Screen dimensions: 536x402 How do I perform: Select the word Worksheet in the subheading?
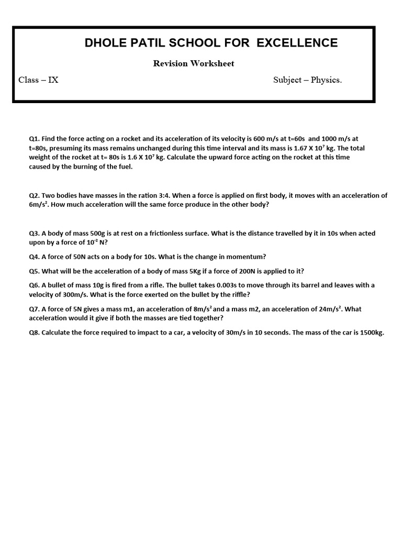tap(212, 63)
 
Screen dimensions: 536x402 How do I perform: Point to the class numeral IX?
tap(53, 80)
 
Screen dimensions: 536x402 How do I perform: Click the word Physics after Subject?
tap(326, 80)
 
